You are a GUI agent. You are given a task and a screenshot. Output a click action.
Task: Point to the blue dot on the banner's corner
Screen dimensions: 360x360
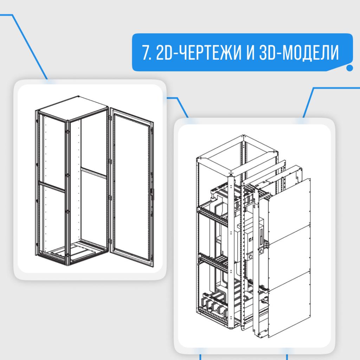350,68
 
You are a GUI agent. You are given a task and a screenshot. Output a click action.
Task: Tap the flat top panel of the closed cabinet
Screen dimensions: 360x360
73,108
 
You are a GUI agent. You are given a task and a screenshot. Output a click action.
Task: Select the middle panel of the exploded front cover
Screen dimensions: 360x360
289,257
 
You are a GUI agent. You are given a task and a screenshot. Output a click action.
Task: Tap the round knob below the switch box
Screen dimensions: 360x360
251,256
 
